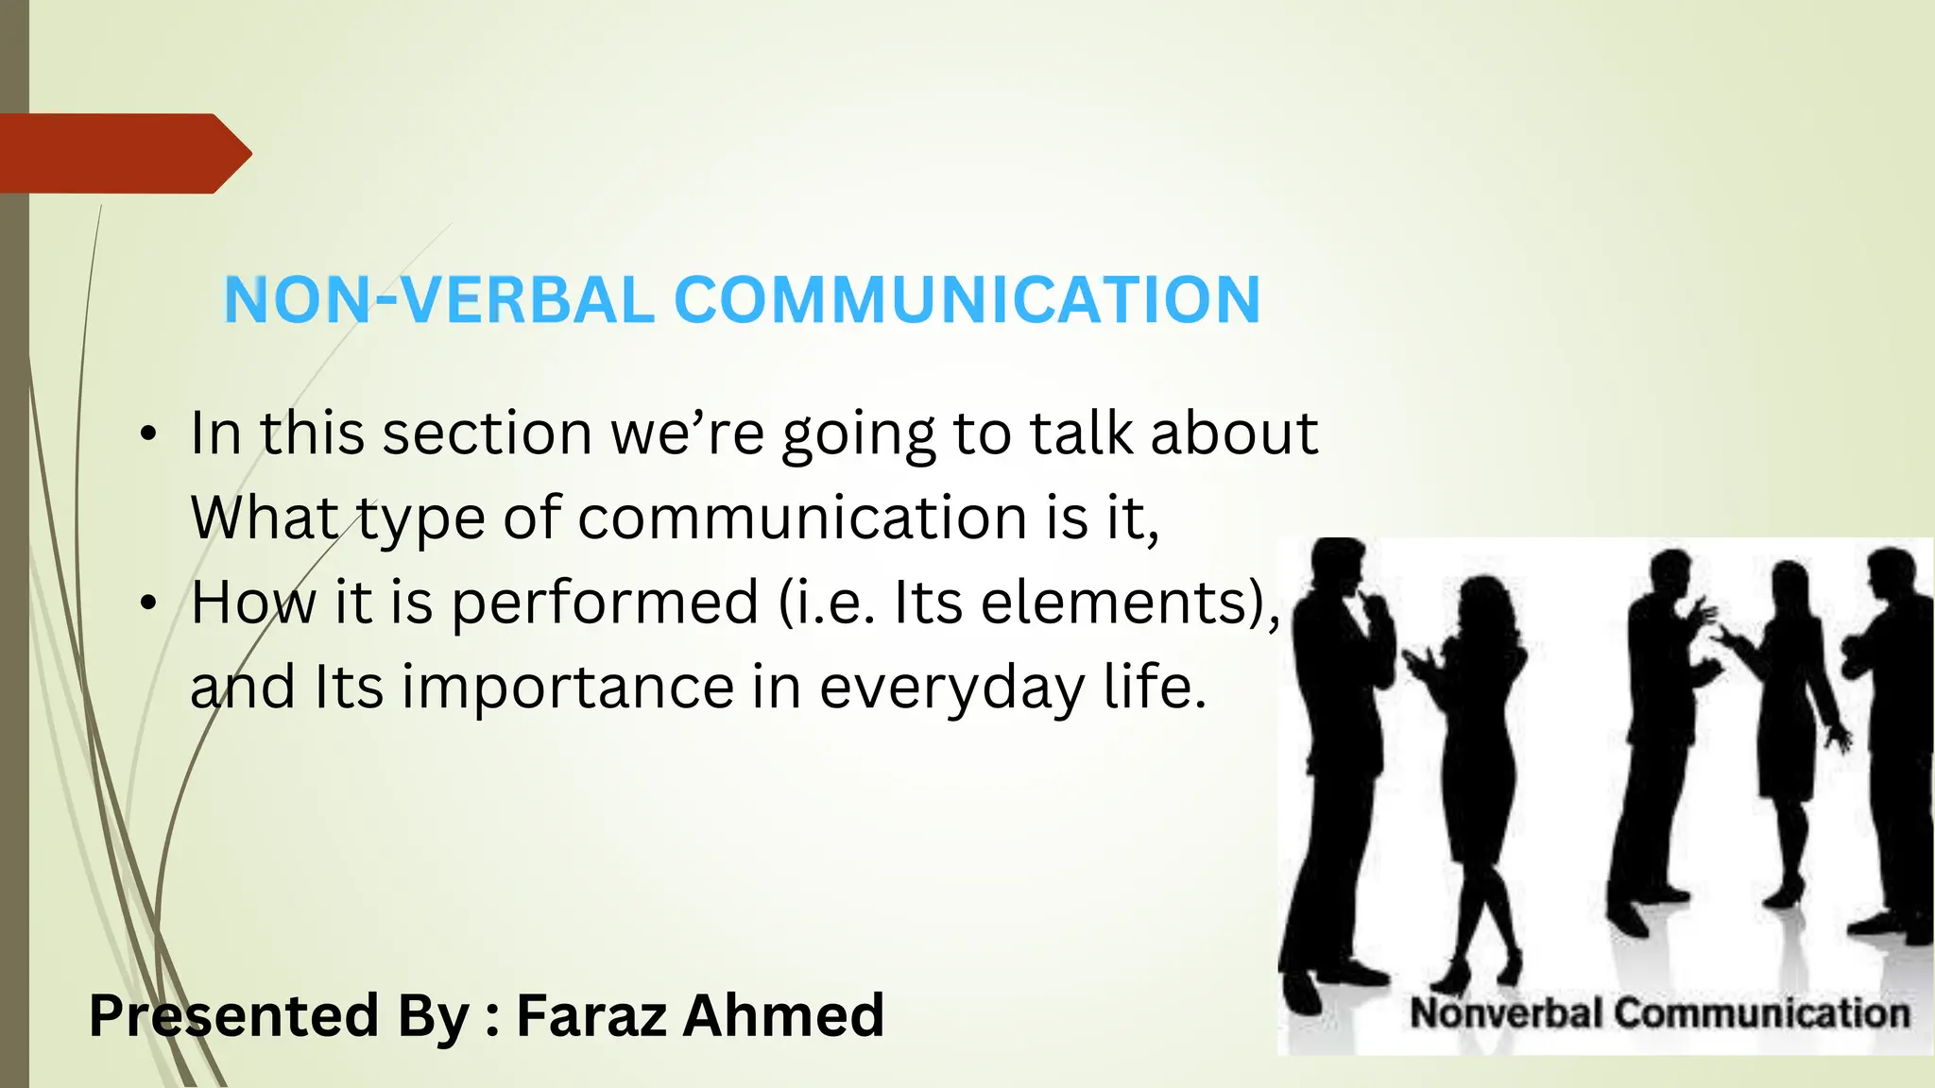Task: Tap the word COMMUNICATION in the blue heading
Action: click(x=967, y=300)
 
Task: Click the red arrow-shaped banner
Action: click(x=123, y=153)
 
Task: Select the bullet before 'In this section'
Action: click(x=147, y=435)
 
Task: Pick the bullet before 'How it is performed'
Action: click(x=147, y=603)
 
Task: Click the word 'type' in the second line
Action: click(x=420, y=519)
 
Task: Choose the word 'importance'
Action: click(x=568, y=688)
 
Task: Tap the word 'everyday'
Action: click(x=950, y=688)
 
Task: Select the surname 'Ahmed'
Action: click(x=783, y=1015)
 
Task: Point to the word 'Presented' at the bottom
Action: click(x=234, y=1015)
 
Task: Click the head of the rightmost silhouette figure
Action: click(x=1894, y=572)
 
